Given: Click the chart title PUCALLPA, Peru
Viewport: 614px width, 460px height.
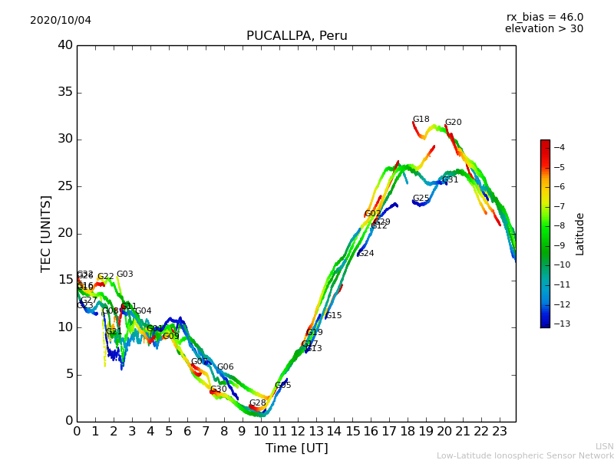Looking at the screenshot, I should (296, 36).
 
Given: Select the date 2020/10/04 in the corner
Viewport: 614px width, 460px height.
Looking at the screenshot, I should (61, 21).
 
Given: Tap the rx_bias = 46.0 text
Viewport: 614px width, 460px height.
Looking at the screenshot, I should (544, 18).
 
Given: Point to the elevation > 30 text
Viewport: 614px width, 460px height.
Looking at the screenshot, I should (543, 29).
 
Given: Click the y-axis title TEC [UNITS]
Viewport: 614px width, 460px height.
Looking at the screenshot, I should (47, 234).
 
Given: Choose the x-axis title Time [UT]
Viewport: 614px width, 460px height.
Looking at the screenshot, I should (296, 449).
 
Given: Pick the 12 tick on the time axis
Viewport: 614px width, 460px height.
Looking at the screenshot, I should (297, 432).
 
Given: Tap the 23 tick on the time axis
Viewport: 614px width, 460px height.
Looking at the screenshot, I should (500, 432).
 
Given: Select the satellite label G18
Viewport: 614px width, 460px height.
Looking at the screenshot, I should (421, 120).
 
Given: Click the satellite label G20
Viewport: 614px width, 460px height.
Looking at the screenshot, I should (453, 123).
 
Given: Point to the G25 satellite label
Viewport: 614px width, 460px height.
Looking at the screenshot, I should (421, 199).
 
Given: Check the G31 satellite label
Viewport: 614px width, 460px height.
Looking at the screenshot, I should (450, 180).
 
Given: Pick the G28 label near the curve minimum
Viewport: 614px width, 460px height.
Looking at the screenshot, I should (257, 403).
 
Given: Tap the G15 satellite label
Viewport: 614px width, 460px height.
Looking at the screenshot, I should (333, 316).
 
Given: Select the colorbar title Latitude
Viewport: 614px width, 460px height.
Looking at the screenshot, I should (580, 234).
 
